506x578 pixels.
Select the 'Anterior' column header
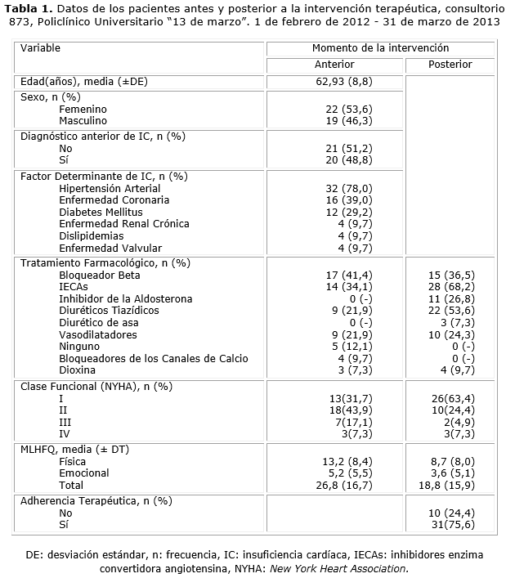(x=334, y=65)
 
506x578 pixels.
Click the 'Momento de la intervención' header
(x=380, y=48)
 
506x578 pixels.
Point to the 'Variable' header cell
(x=41, y=48)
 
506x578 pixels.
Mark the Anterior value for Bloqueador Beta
(x=348, y=275)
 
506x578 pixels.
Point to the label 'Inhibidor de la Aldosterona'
(x=126, y=299)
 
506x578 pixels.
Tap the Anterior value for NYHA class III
(x=348, y=422)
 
